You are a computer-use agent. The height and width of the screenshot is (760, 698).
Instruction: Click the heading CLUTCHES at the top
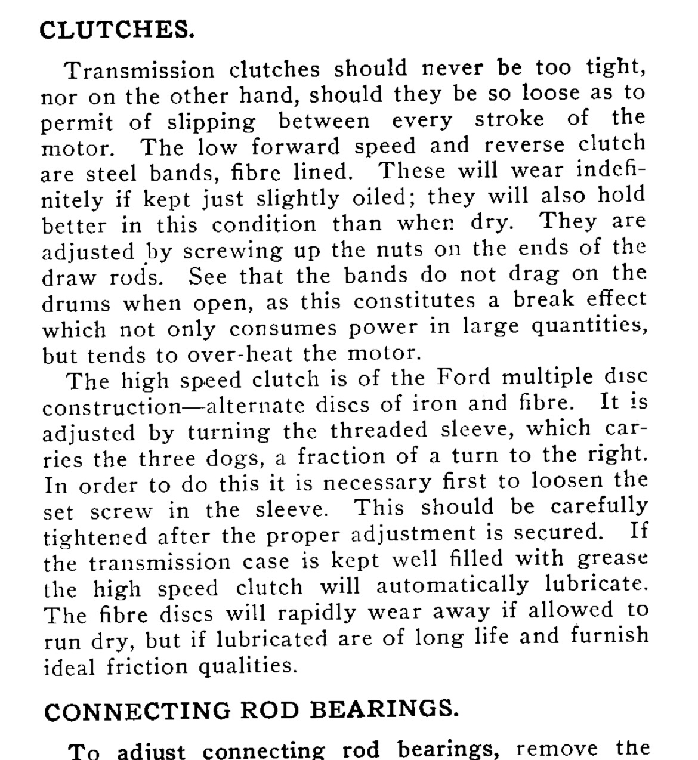117,30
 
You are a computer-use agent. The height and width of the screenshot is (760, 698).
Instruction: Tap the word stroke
509,119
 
